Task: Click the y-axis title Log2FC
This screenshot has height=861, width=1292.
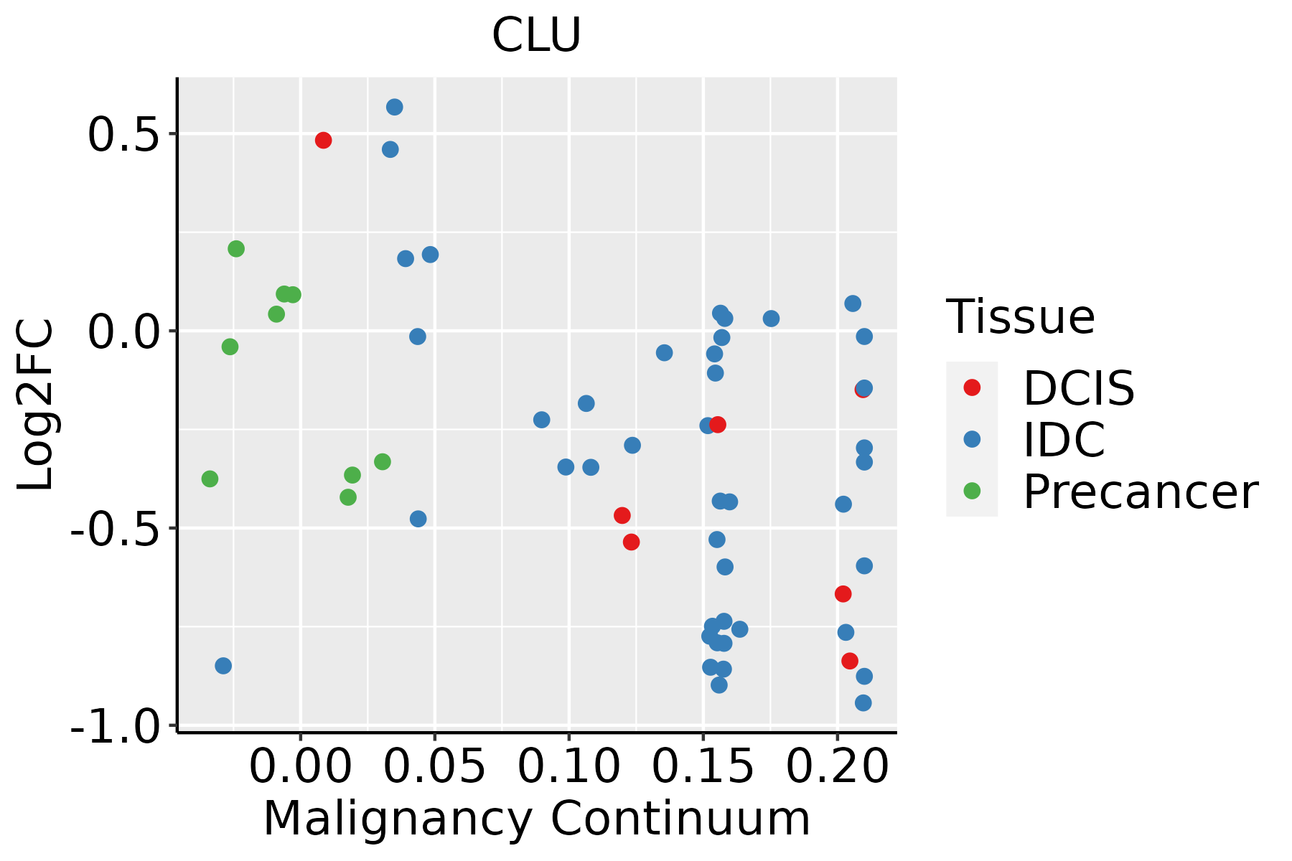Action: tap(36, 405)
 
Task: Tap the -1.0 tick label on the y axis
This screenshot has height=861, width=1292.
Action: tap(115, 728)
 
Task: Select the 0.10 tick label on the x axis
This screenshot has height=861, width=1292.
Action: tap(568, 767)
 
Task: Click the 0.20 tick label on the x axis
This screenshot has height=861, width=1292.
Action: tap(838, 767)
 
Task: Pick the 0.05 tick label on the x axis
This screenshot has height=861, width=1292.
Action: tap(434, 767)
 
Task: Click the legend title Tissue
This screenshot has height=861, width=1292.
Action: tap(1021, 316)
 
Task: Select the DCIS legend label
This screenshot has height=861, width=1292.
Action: tap(1079, 388)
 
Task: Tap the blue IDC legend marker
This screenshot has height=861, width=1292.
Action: tap(972, 439)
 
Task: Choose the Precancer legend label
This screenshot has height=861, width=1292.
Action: tap(1140, 492)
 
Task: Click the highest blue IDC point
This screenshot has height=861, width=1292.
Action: tap(395, 107)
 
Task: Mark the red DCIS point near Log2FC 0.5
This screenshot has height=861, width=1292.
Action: tap(323, 140)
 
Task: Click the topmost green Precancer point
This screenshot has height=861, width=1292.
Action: tap(236, 249)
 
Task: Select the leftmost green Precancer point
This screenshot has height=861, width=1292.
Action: tap(210, 479)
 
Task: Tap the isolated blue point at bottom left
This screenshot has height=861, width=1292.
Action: tap(223, 666)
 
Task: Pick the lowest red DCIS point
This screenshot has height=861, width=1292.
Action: tap(850, 661)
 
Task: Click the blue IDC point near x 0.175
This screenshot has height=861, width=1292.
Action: tap(771, 319)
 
